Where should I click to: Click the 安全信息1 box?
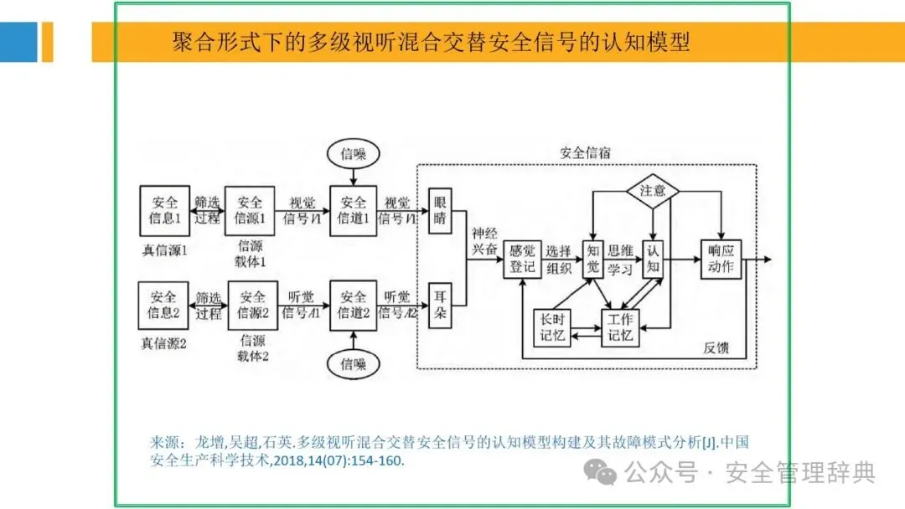164,211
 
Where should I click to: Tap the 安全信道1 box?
354,211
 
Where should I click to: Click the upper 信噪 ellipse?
354,154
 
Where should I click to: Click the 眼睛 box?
441,211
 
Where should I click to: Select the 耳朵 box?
441,305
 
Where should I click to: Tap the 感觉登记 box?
522,259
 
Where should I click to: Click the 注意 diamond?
653,191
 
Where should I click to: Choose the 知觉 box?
592,259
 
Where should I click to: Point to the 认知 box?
653,259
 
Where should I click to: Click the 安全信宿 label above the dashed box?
585,153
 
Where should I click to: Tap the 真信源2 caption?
164,343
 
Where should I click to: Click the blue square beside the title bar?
18,42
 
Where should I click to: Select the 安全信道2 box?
354,305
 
